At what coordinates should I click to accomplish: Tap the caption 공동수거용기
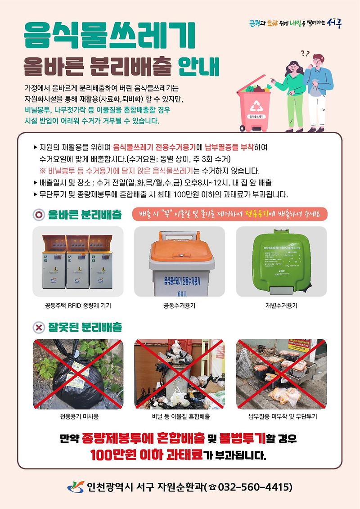pos(180,306)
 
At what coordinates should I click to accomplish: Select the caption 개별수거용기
pos(281,306)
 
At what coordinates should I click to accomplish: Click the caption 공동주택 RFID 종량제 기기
pos(78,306)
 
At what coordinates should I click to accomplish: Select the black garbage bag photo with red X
pos(78,374)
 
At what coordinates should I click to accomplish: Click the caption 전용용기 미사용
pos(78,416)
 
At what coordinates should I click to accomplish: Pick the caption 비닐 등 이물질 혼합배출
pos(180,416)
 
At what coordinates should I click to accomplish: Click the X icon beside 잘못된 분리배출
pos(40,327)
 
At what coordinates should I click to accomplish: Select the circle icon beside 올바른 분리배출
pos(40,215)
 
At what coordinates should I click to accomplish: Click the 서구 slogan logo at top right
pos(295,23)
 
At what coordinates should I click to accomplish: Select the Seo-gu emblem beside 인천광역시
pos(75,487)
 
